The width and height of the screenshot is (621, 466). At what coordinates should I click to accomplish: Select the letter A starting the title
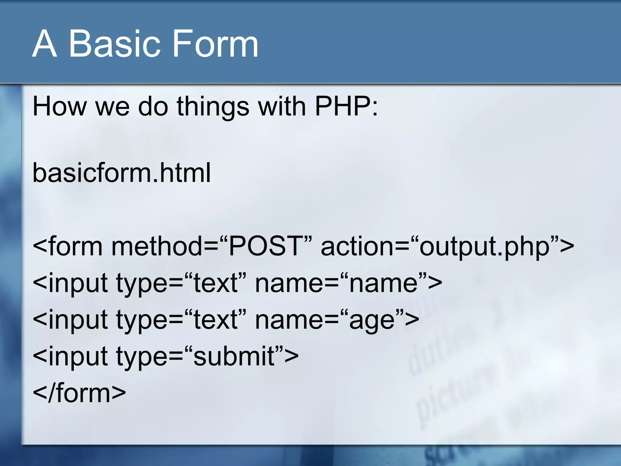[45, 44]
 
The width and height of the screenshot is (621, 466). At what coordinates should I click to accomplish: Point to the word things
[213, 107]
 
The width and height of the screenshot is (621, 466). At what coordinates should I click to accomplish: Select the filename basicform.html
[121, 173]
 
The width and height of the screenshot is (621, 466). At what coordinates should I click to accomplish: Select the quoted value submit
[234, 356]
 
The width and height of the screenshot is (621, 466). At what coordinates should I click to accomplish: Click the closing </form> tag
[79, 393]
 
